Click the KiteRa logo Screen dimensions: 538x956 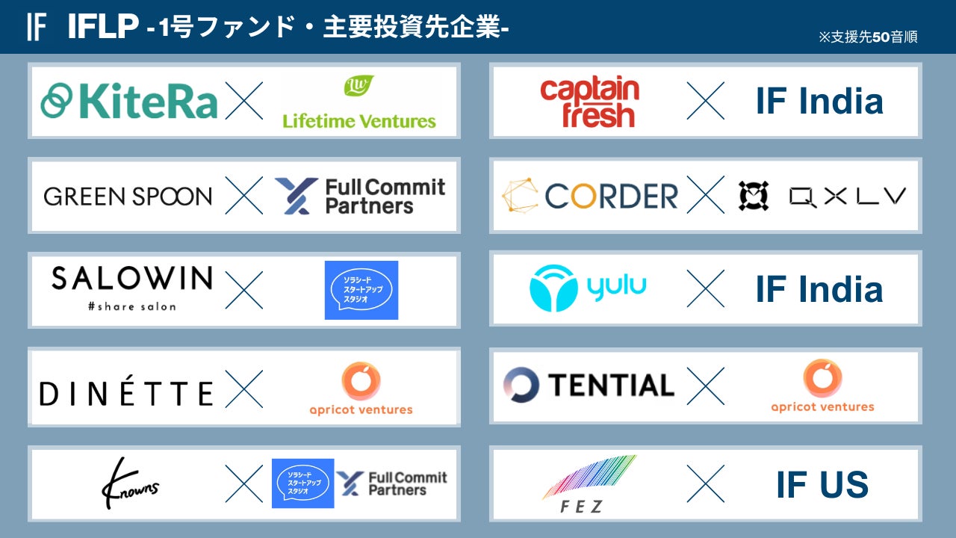128,102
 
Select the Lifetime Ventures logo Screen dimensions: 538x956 359,102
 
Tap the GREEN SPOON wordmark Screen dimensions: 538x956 128,197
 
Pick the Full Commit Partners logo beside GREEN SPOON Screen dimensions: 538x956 359,196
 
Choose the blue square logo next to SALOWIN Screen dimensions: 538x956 361,290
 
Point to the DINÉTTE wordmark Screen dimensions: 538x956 126,393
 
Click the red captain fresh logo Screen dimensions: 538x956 589,102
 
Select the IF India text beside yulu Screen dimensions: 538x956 819,289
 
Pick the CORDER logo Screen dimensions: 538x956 589,196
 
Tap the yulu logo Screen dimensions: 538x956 588,288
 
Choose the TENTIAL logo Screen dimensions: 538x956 589,385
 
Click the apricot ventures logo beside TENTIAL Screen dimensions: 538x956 822,386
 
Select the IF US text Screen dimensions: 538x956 822,485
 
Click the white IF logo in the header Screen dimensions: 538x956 36,26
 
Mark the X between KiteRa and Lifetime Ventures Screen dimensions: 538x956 244,102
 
